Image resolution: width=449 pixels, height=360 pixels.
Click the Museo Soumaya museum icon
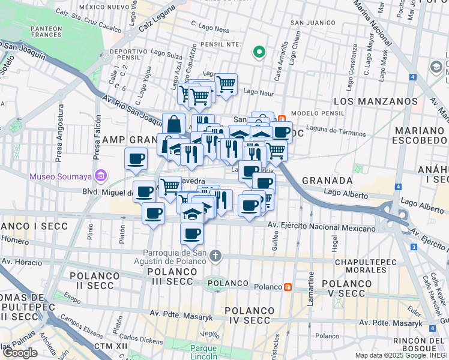coord(100,176)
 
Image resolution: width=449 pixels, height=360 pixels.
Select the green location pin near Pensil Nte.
coord(259,52)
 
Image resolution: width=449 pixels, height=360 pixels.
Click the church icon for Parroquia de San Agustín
coord(215,256)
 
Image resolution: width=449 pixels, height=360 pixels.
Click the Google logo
coord(20,353)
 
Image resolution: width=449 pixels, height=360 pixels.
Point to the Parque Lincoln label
coord(203,352)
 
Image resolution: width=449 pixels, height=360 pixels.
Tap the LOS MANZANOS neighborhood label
coord(375,101)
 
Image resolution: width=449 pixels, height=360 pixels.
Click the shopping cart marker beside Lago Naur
coord(226,85)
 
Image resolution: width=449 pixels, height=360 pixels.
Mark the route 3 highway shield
coord(414,247)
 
